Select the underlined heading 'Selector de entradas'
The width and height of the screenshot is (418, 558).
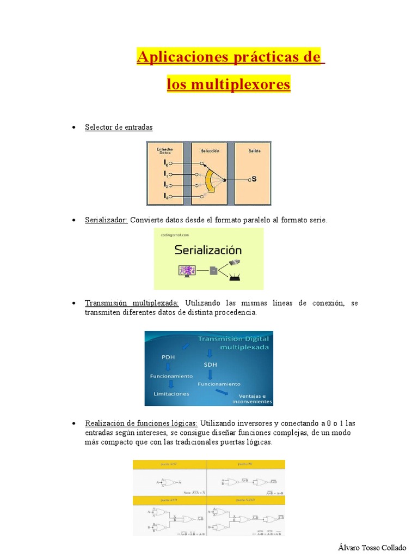119,127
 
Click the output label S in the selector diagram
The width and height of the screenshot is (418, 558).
253,179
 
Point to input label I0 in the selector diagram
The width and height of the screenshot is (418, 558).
165,163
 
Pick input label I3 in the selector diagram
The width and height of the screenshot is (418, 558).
165,196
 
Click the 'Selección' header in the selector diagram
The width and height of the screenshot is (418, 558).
210,151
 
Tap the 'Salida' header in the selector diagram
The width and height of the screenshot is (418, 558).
254,151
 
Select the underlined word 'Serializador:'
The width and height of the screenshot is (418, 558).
106,220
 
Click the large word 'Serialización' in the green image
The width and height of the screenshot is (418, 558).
208,250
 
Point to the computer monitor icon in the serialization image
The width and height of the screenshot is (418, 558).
187,270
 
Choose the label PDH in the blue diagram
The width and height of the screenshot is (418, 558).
169,357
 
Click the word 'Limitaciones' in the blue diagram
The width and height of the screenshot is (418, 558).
171,393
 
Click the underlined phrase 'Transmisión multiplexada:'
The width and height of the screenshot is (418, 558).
132,303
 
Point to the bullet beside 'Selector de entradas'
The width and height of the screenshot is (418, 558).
73,128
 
